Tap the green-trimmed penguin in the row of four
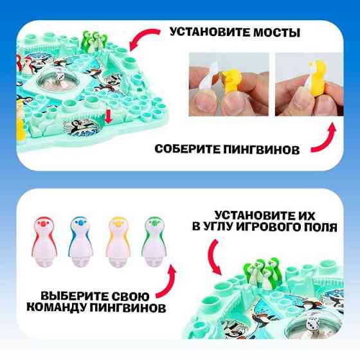point(154,243)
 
